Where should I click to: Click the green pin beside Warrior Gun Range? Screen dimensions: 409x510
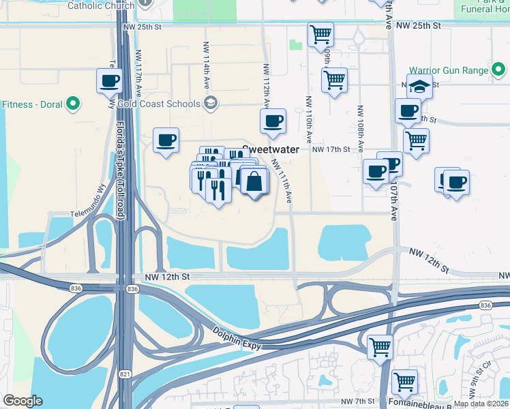pos(500,70)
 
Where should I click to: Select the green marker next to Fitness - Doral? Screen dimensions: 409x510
pos(72,105)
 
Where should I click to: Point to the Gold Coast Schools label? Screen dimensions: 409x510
pos(158,104)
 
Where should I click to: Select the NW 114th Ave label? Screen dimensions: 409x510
pos(205,64)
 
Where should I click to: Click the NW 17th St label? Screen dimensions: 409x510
pos(331,149)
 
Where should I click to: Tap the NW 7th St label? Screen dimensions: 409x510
pos(359,401)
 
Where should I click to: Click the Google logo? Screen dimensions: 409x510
pos(22,401)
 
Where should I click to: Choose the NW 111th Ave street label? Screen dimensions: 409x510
pos(284,181)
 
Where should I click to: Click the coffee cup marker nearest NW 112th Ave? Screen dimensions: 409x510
pos(273,121)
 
